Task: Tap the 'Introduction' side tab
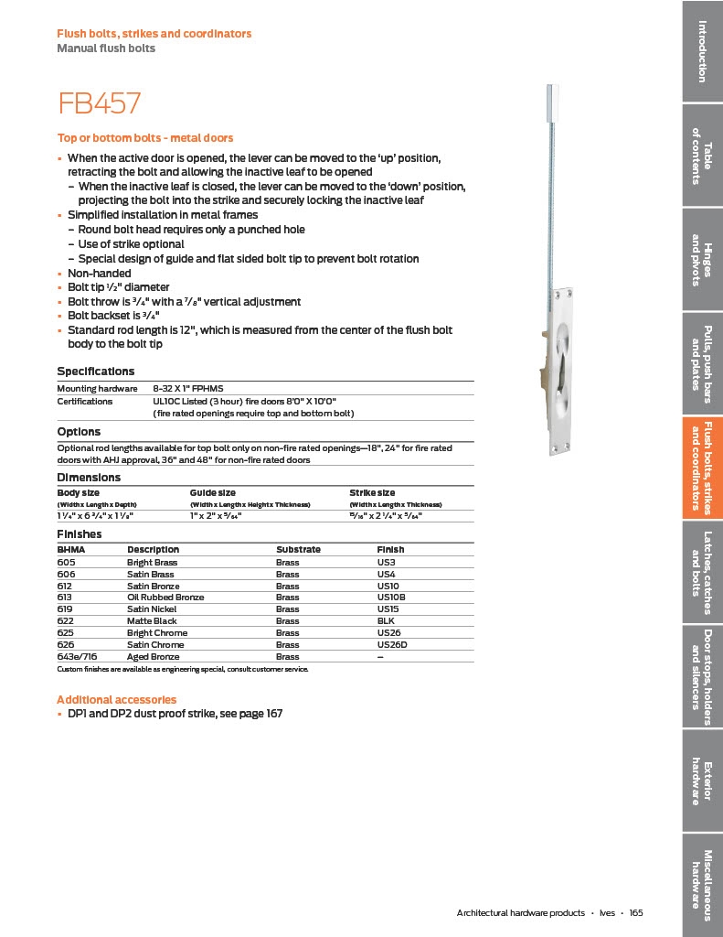702,50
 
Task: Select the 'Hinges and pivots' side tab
702,260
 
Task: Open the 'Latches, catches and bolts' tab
702,572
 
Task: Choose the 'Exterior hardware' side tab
702,782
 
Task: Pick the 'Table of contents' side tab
702,155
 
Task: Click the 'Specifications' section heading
95,372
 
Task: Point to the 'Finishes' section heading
80,534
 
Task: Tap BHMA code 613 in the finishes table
66,598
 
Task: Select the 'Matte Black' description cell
152,621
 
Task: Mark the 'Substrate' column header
298,550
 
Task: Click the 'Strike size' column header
372,493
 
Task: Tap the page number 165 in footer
636,913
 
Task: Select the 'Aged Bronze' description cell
153,657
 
